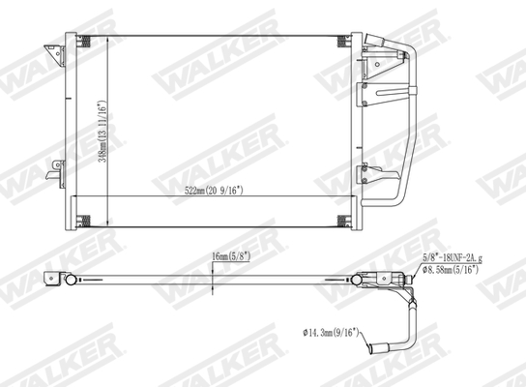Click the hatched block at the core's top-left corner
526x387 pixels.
pos(83,42)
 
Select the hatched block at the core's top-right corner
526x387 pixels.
pos(341,42)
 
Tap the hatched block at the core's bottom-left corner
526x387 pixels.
pos(83,220)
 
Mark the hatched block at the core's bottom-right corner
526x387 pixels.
pos(341,220)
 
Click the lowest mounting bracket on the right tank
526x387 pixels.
pos(372,176)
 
